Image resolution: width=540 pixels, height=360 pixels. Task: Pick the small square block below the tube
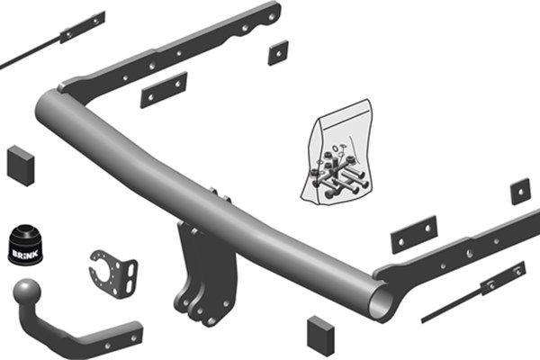319,335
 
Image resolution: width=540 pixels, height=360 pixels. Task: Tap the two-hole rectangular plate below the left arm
163,89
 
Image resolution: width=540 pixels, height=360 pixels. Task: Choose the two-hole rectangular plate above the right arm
413,234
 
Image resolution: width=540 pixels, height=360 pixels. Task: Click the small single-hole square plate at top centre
277,52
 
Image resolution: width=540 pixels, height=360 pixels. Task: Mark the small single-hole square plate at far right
520,191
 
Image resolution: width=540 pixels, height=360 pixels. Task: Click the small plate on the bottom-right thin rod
502,278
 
